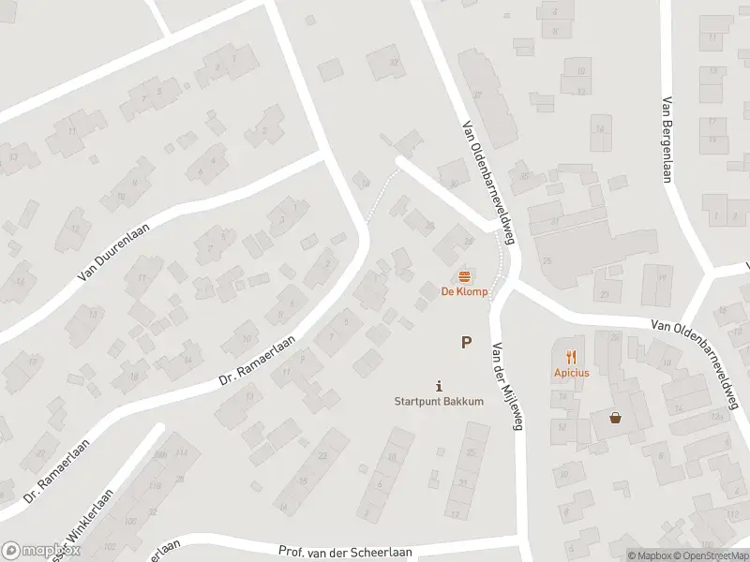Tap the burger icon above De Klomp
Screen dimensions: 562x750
[x=463, y=275]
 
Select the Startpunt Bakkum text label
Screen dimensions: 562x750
[x=438, y=402]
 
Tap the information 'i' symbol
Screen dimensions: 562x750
[x=439, y=385]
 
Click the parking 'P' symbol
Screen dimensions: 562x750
[x=465, y=343]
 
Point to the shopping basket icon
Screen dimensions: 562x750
[x=616, y=418]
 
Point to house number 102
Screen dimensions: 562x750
[x=110, y=545]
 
